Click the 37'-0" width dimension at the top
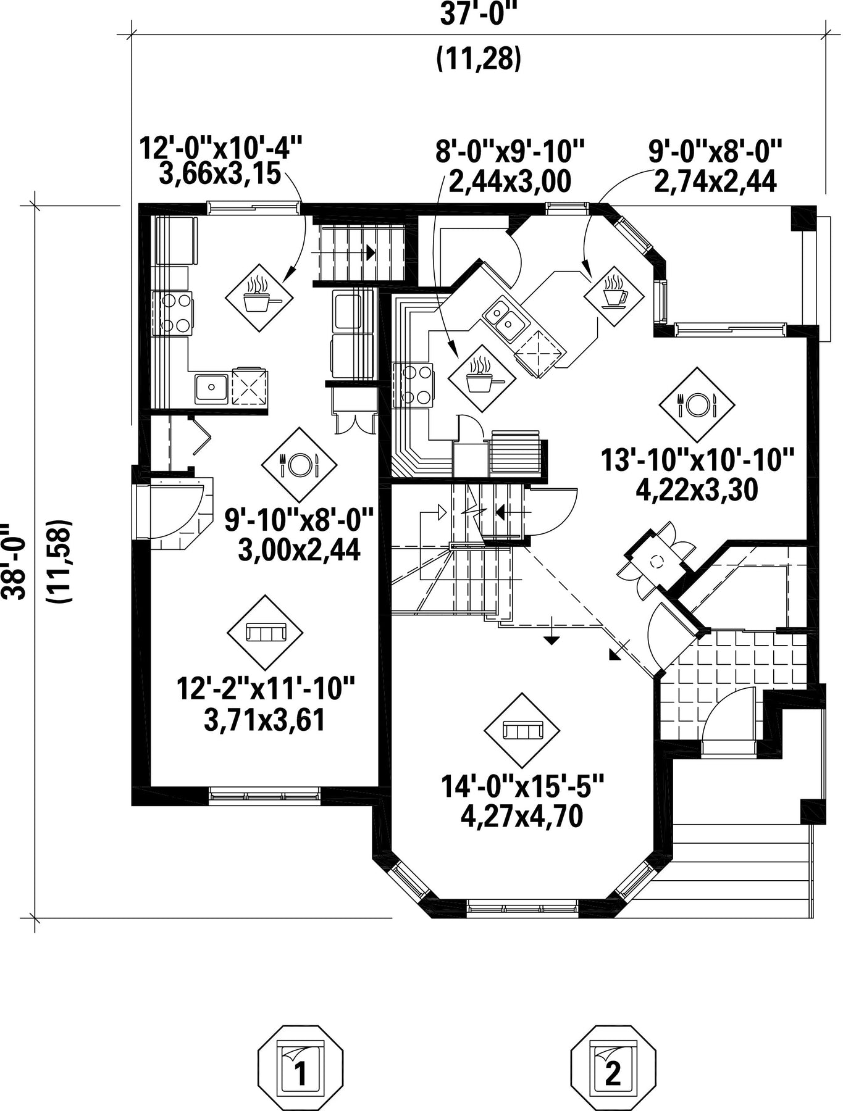477,14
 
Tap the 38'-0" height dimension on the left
14,562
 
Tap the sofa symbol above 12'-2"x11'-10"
266,633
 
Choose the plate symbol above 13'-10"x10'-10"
697,405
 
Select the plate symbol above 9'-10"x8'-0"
300,464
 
